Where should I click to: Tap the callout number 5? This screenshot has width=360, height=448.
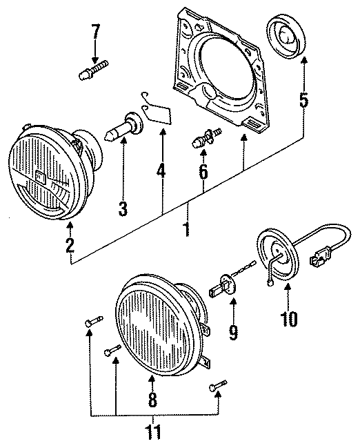click(302, 101)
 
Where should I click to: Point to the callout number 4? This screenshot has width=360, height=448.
click(161, 170)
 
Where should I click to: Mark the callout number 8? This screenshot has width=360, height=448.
click(153, 399)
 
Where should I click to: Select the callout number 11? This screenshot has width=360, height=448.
click(154, 433)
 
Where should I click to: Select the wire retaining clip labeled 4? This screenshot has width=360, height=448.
click(157, 111)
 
